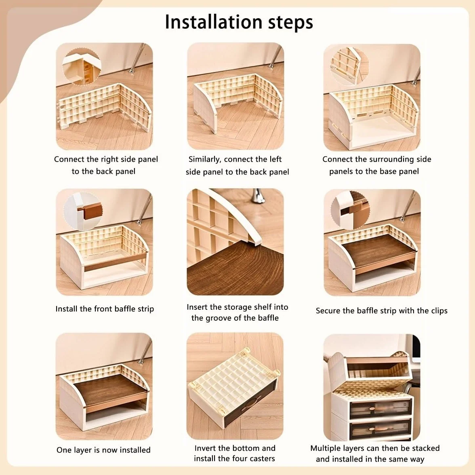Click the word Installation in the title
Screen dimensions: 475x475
coord(214,22)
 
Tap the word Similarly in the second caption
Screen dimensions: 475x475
coord(205,160)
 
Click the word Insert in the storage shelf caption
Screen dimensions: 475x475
coord(197,307)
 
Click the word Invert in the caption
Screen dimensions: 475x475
coord(205,448)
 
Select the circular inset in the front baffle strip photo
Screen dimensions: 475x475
coord(83,211)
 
